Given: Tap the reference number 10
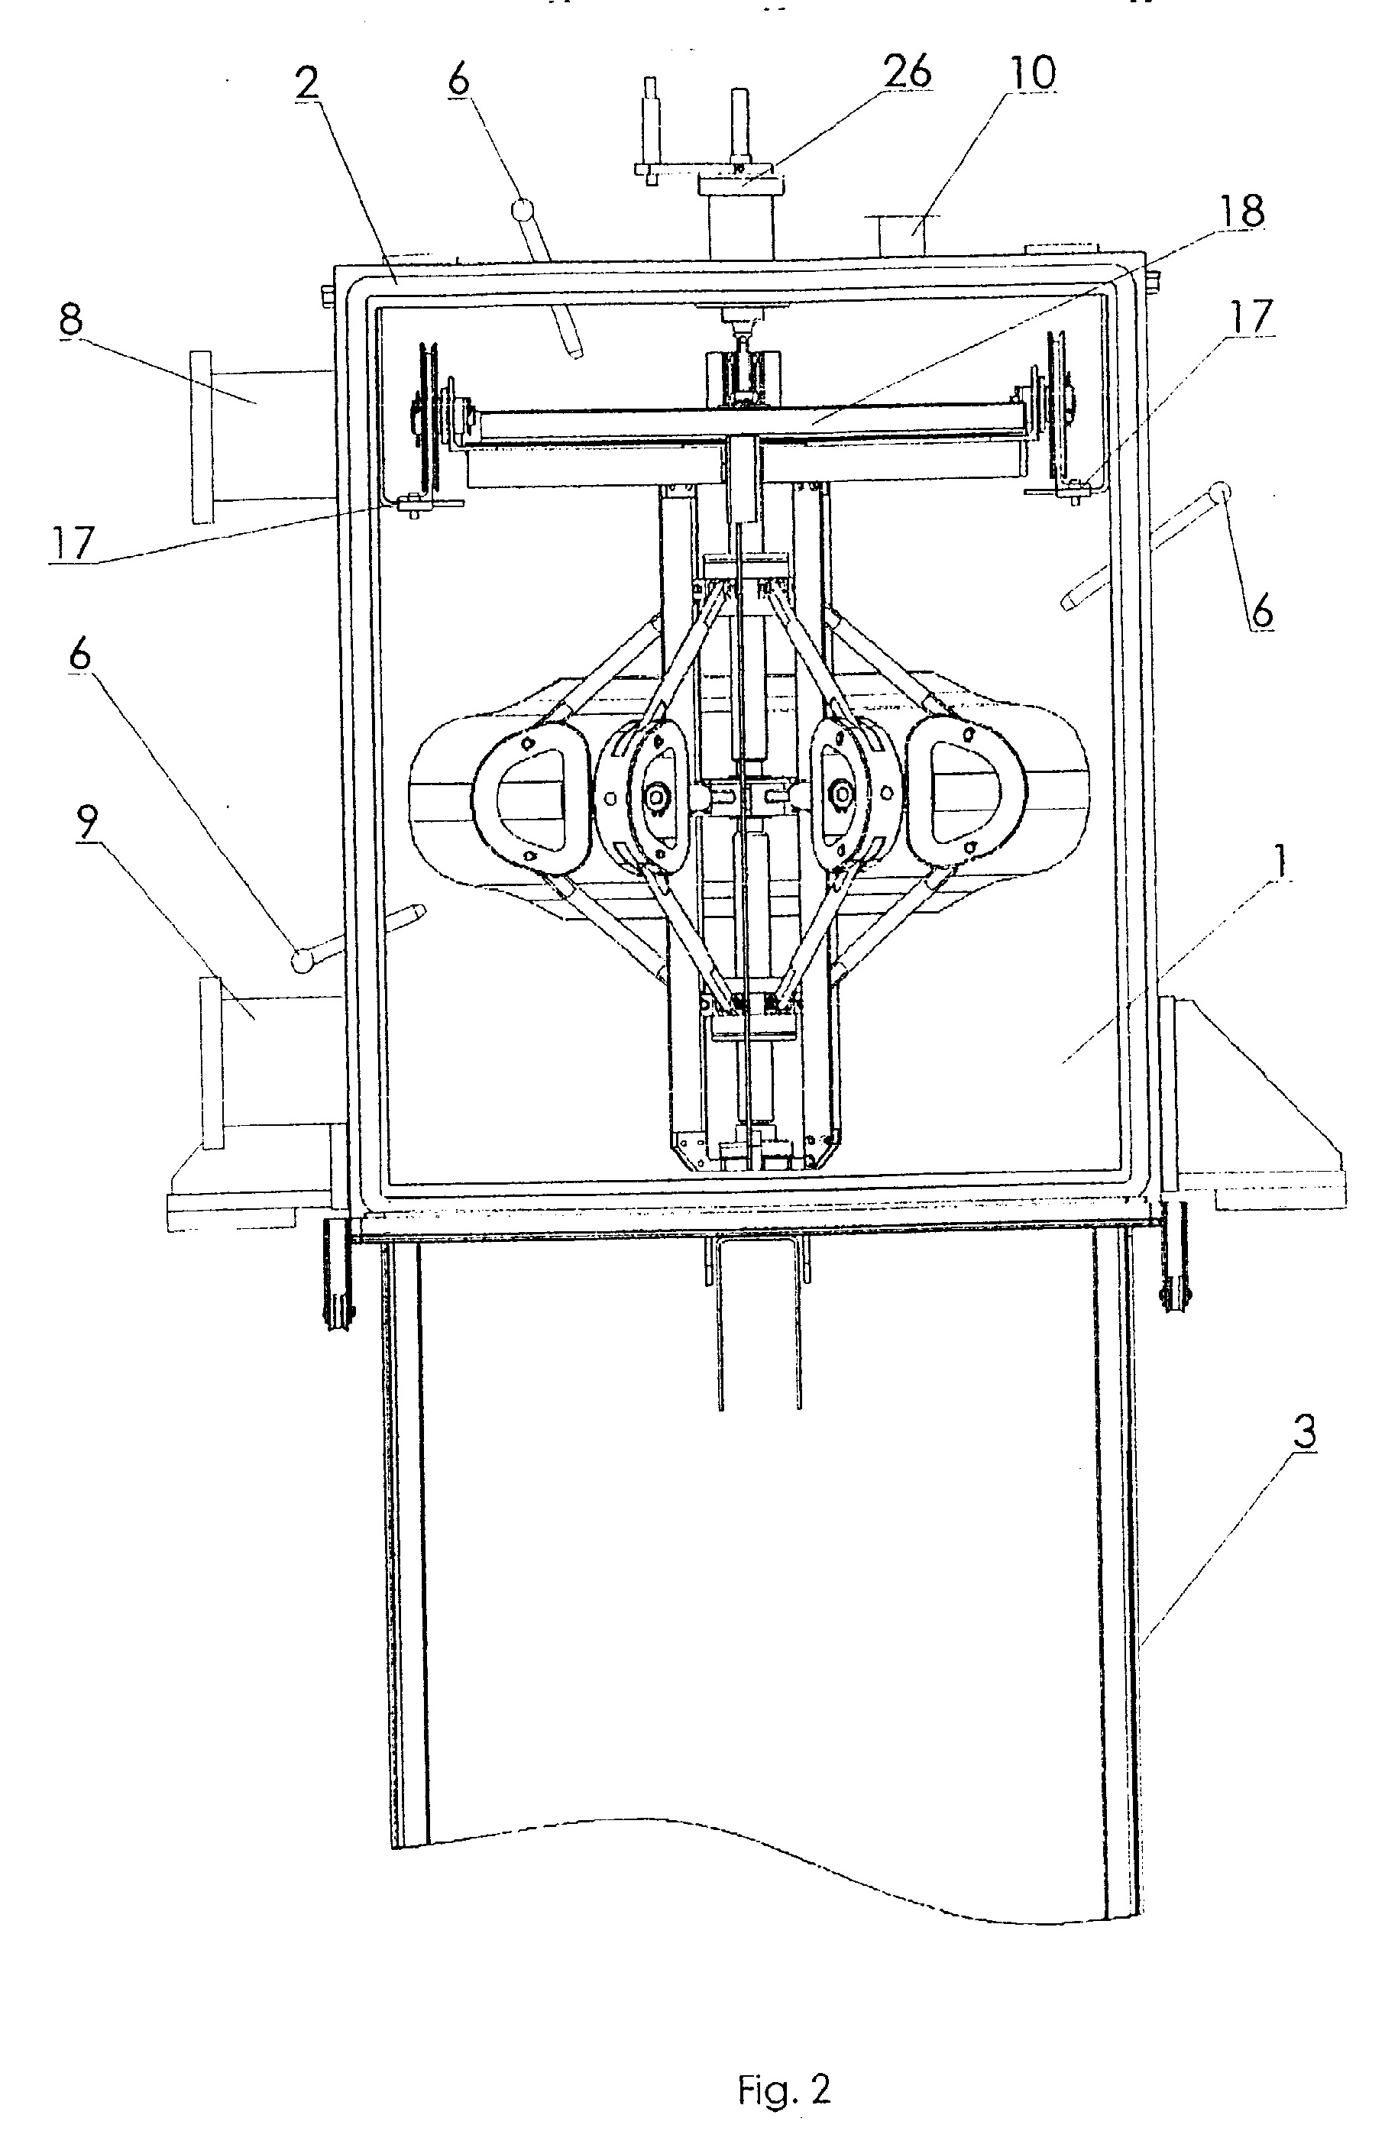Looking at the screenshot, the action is point(1030,73).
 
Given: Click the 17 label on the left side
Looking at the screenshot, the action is point(71,544).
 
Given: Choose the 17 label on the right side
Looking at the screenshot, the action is point(1251,317).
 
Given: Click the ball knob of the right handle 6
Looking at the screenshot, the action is point(1219,493).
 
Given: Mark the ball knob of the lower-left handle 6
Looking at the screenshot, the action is point(303,961).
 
